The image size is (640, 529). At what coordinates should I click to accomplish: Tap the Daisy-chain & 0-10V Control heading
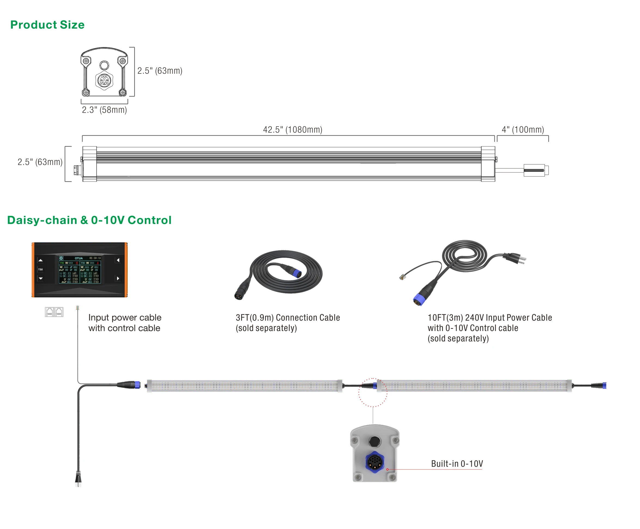(89, 220)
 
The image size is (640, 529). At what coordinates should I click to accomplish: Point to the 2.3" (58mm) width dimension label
(104, 110)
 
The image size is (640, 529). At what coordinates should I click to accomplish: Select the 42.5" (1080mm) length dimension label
(292, 130)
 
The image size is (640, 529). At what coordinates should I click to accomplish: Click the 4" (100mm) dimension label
(523, 130)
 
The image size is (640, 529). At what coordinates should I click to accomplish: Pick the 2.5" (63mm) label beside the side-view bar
(40, 162)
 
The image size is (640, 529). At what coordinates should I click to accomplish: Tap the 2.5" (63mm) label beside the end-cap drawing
(160, 71)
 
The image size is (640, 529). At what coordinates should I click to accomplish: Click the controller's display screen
(80, 270)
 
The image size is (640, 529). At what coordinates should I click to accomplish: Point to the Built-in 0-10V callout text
(457, 463)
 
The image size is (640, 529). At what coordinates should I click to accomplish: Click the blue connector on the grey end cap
(374, 462)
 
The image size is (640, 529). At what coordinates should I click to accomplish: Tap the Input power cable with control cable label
(125, 323)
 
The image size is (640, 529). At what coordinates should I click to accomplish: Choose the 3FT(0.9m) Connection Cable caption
(287, 323)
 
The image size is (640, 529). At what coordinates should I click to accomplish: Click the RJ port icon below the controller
(54, 312)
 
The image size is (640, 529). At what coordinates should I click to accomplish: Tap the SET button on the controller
(41, 269)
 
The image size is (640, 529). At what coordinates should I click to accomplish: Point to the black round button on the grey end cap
(374, 441)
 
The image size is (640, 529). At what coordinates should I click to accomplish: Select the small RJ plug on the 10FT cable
(402, 277)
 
